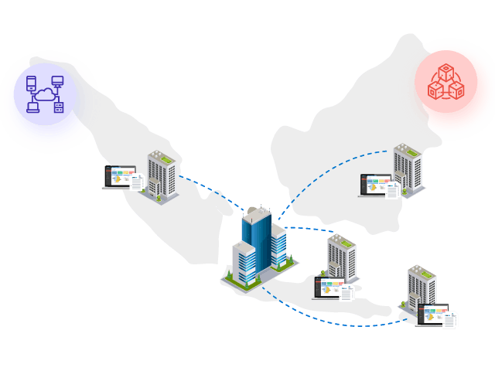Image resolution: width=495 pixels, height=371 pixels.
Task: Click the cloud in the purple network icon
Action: (x=45, y=95)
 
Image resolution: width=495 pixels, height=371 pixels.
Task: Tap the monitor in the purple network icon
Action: (x=57, y=81)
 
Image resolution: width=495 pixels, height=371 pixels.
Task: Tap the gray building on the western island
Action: (x=162, y=175)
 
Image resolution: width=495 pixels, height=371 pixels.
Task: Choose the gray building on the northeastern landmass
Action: (x=407, y=167)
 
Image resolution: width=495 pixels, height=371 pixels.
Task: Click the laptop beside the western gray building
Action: (x=118, y=177)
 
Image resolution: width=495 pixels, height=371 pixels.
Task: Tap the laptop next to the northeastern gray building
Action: (x=374, y=185)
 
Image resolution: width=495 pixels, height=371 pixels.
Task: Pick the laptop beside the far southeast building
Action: (x=433, y=314)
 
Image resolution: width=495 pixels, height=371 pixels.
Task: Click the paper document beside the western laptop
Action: (x=137, y=183)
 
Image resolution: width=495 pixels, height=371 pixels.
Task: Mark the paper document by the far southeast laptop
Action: (x=449, y=320)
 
